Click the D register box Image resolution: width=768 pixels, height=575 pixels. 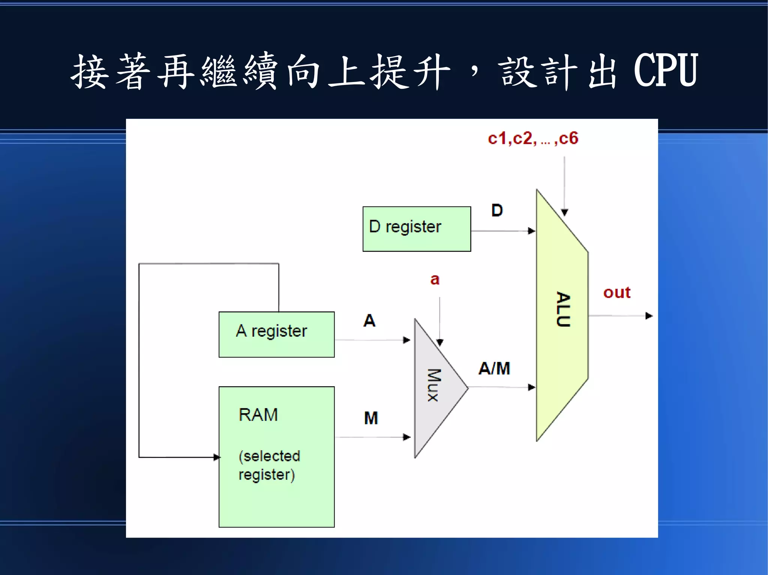tap(416, 229)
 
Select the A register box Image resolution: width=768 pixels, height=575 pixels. tap(276, 334)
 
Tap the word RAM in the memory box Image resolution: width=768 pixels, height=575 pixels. tap(258, 415)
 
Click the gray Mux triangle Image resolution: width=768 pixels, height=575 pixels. tap(435, 388)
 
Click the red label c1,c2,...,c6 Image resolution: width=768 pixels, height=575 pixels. tap(533, 139)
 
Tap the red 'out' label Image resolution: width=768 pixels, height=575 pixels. tap(616, 293)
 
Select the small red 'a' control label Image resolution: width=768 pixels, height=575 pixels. tap(435, 279)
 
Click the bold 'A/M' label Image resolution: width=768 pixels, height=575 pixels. tap(494, 369)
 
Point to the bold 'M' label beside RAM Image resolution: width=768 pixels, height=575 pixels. tap(371, 418)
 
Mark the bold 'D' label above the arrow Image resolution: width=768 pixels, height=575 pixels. tap(497, 211)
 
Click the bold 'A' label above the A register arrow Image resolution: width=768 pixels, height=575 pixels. tap(369, 321)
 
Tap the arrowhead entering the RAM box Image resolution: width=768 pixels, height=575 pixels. tap(216, 457)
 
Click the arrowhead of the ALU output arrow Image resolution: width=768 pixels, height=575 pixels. tap(649, 316)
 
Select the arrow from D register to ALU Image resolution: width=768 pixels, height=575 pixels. tap(502, 231)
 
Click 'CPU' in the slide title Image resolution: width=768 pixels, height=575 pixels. tap(666, 70)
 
